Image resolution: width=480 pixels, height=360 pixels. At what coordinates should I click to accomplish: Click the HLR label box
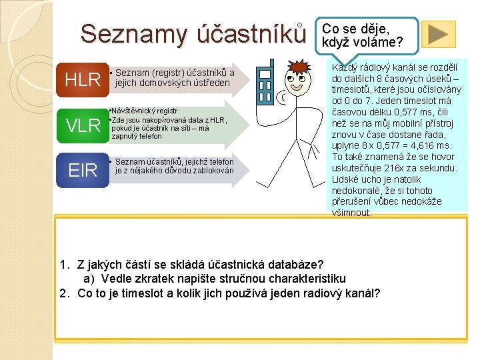pyautogui.click(x=83, y=79)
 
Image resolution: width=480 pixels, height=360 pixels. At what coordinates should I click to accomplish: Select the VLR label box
pyautogui.click(x=83, y=125)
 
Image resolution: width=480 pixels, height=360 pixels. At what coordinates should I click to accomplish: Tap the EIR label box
pyautogui.click(x=83, y=170)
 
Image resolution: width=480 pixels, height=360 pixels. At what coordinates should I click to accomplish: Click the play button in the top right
pyautogui.click(x=438, y=34)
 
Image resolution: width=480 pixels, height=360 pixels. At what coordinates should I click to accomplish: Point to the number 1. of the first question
pyautogui.click(x=65, y=265)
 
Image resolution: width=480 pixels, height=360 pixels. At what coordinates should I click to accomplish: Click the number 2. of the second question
pyautogui.click(x=65, y=293)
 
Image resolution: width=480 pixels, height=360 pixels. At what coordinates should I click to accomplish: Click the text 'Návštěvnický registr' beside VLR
pyautogui.click(x=144, y=111)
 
